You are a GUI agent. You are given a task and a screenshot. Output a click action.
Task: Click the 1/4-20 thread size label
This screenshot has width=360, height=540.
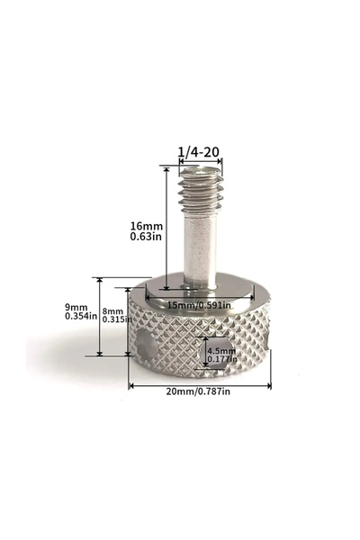[198, 152]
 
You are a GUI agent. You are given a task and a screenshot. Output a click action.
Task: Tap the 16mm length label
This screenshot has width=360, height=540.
[146, 226]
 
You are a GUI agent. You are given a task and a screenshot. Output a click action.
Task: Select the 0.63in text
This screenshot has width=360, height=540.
[146, 237]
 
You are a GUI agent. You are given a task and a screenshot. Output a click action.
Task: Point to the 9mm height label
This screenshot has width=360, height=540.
[76, 307]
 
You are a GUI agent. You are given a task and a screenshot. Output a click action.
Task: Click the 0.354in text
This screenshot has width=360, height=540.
[81, 316]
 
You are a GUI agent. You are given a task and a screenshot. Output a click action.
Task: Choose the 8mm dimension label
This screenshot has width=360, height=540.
[112, 311]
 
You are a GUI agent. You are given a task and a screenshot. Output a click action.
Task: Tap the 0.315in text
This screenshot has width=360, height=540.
[117, 319]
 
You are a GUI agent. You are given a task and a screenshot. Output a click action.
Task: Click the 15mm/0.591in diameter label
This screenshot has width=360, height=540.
[199, 305]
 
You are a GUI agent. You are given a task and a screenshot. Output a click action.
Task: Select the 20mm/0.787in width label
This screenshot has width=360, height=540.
[198, 391]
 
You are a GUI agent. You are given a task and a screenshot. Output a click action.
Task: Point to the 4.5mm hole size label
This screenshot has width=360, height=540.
[221, 351]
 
